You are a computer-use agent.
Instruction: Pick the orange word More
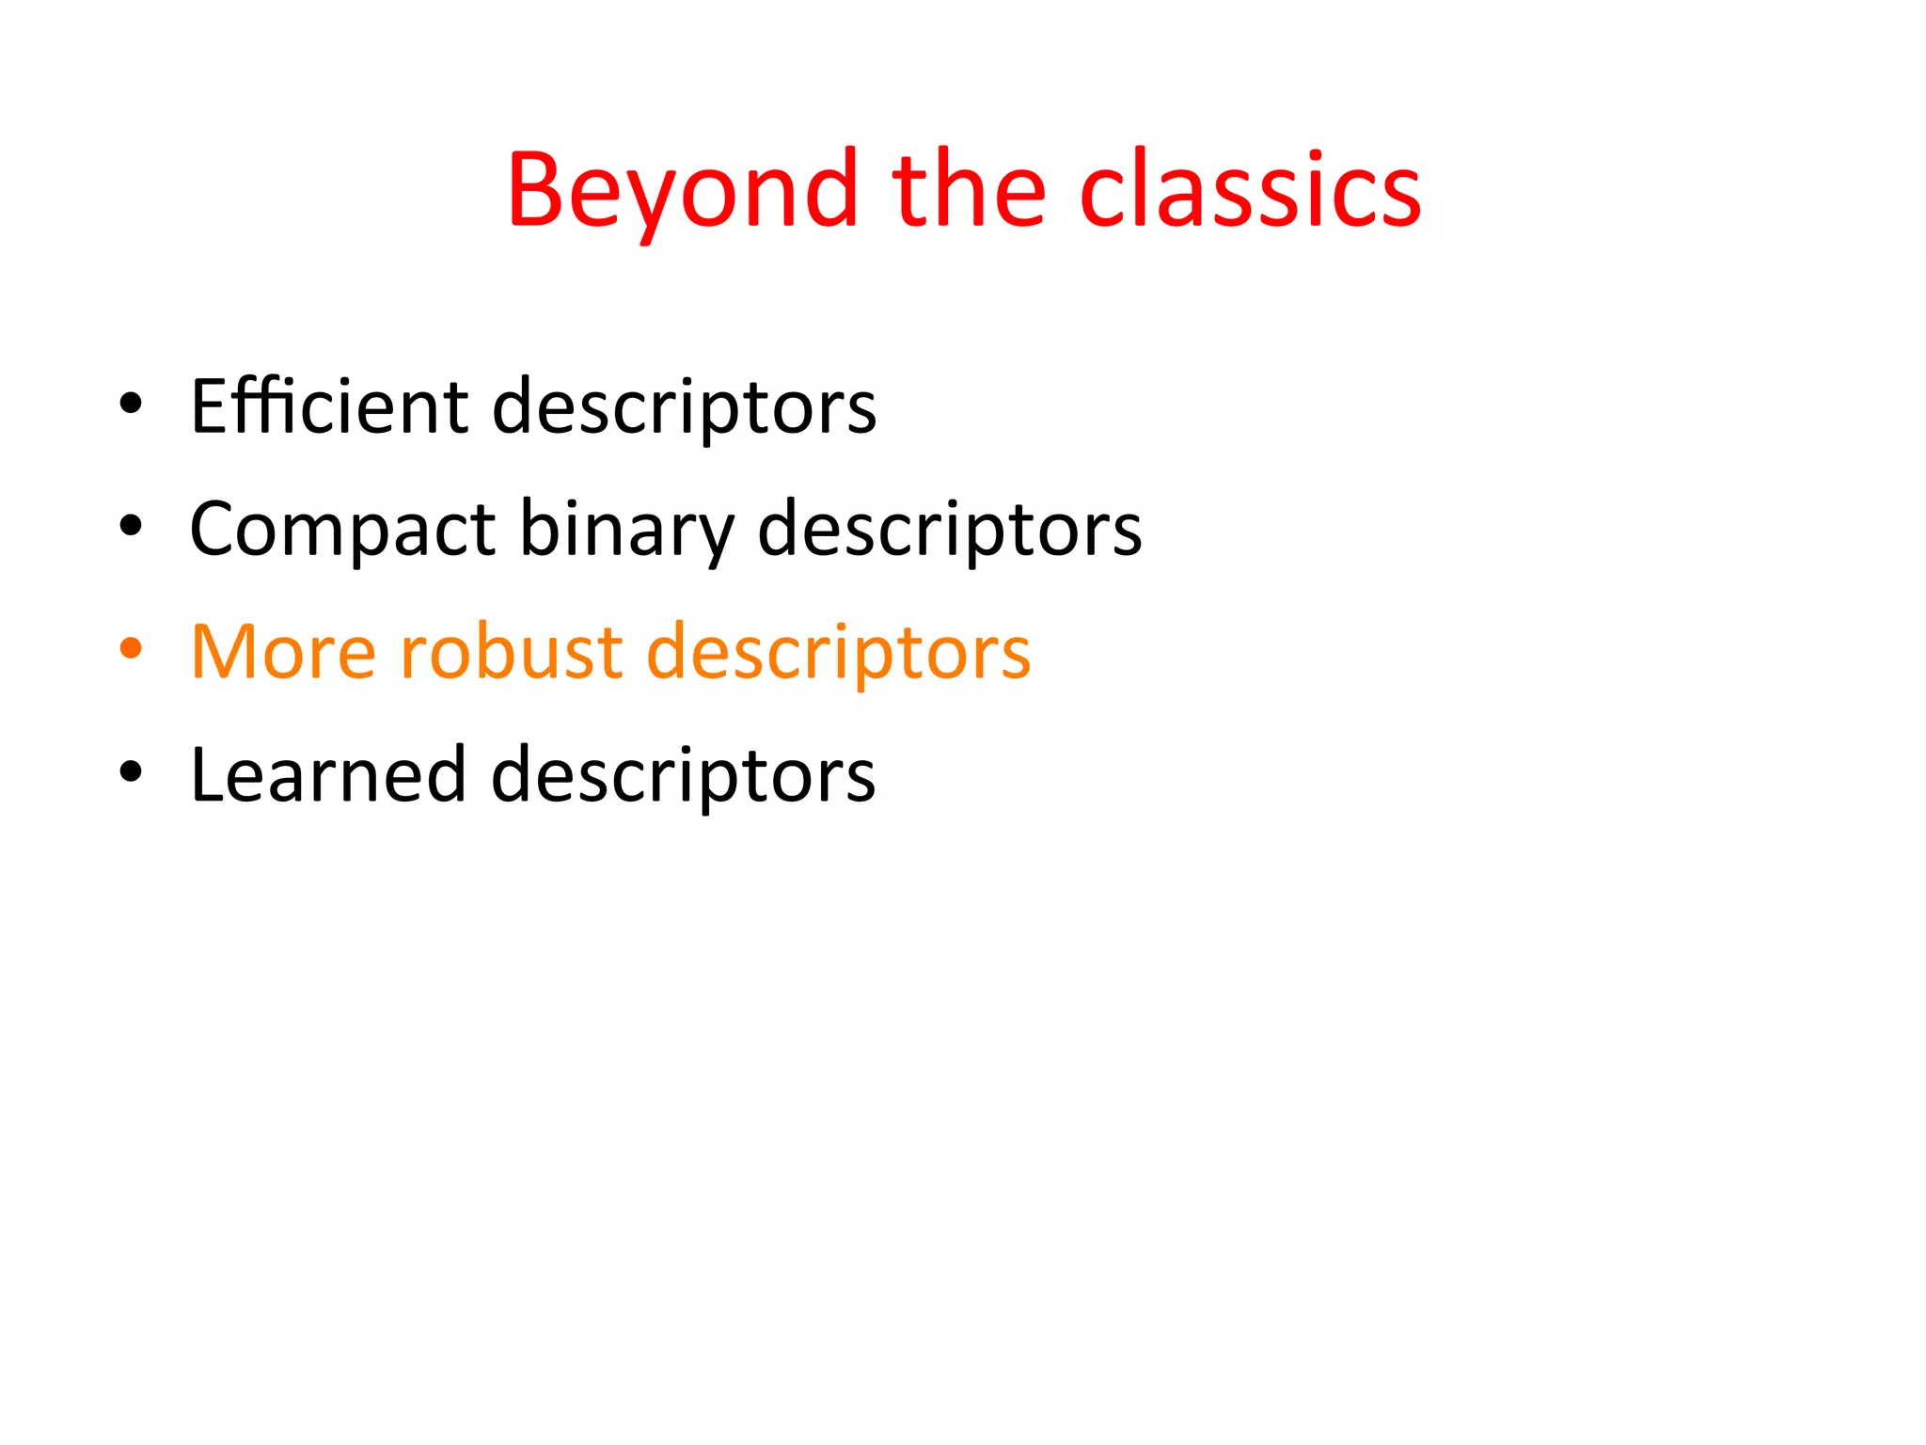pos(283,652)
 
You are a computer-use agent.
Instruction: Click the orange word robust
pos(512,652)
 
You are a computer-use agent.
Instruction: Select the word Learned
pos(328,774)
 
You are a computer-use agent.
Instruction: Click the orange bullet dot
pos(132,649)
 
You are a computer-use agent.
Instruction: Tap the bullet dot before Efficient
pos(132,404)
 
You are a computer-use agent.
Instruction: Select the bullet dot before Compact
pos(132,526)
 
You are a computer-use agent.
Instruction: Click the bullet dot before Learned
pos(132,771)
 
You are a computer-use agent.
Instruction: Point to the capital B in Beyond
pos(537,191)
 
